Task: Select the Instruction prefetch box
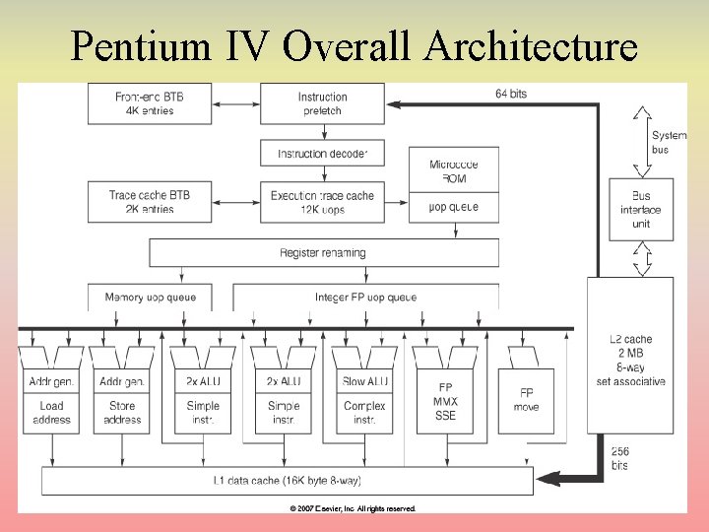click(x=322, y=103)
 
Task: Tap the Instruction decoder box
click(x=322, y=154)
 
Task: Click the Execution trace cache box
click(x=322, y=202)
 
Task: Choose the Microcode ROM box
click(x=454, y=171)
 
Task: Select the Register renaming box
click(x=322, y=253)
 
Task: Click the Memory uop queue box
click(x=150, y=297)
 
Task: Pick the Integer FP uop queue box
click(x=365, y=297)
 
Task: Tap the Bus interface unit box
click(x=641, y=210)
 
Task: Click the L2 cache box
click(x=637, y=360)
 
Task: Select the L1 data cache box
click(x=288, y=481)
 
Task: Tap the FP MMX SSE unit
click(x=444, y=402)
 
